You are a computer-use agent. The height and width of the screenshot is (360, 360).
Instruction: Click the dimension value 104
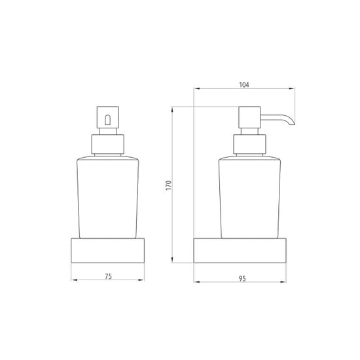click(244, 84)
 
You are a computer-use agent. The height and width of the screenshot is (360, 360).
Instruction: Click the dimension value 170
click(168, 185)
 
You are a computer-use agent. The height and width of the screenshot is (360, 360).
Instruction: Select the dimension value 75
click(108, 276)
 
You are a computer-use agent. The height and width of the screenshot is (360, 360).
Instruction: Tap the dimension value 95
click(242, 278)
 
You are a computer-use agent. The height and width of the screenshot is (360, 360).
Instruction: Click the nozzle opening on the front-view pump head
click(107, 120)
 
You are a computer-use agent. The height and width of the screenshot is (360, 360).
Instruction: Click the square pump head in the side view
click(249, 117)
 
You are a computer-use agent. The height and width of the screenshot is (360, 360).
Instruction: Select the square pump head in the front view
click(108, 117)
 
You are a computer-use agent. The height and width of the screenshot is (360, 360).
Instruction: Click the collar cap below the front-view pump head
click(108, 144)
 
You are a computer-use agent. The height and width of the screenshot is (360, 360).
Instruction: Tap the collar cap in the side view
click(249, 144)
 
